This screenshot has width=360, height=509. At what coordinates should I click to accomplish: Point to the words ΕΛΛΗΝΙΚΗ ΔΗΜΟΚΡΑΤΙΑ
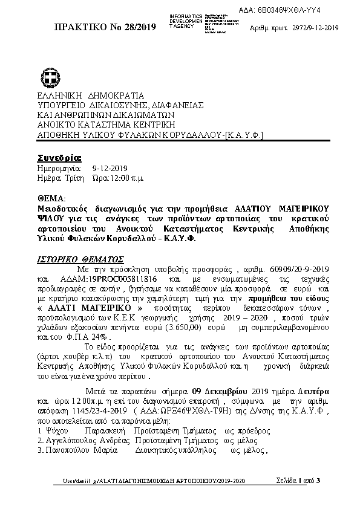coord(91,95)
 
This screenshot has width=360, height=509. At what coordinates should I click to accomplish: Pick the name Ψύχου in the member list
coord(55,430)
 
